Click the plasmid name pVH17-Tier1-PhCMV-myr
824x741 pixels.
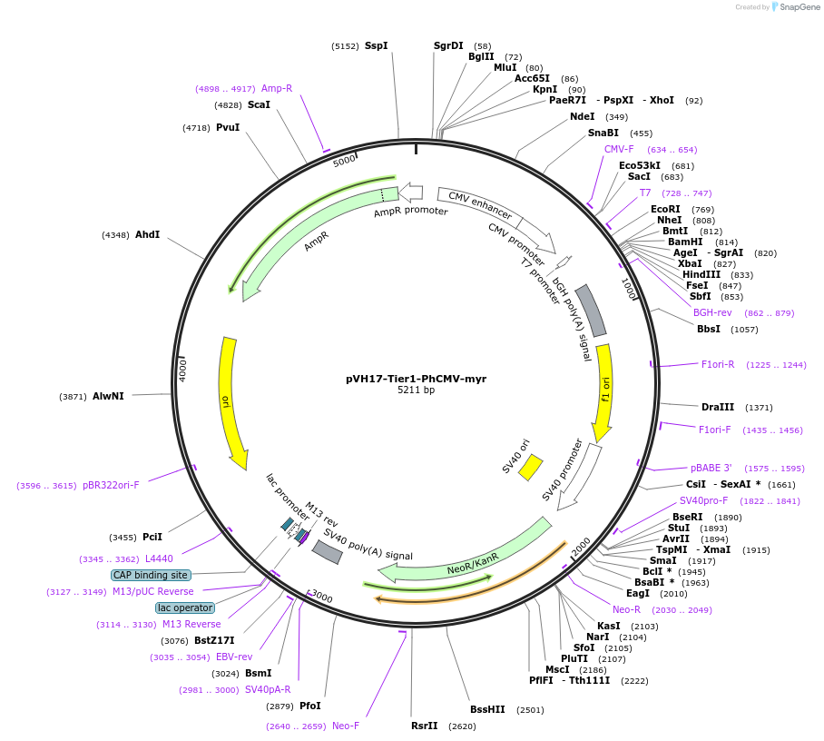[416, 379]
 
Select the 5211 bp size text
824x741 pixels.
[416, 390]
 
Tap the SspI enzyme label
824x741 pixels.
[376, 45]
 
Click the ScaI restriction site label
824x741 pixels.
[259, 104]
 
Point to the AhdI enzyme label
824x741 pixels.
[147, 234]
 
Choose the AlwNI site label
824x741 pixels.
[108, 396]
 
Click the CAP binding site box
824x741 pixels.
[151, 575]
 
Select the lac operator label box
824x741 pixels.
[184, 608]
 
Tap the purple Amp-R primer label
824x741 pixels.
[277, 88]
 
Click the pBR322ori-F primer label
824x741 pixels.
[111, 485]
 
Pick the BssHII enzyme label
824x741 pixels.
[487, 709]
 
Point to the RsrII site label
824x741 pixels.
[424, 726]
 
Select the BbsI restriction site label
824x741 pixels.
[709, 329]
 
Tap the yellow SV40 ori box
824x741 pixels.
[530, 467]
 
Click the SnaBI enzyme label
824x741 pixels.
[603, 133]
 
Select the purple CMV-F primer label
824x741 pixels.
[619, 149]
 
